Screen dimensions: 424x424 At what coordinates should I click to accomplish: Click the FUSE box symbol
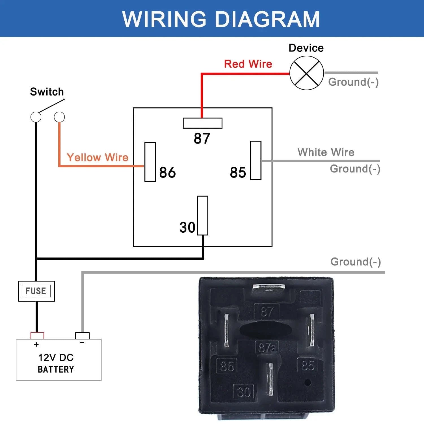click(36, 291)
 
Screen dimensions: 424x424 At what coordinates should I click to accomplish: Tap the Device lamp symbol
click(306, 73)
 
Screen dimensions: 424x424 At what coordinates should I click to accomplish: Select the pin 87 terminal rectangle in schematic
click(202, 123)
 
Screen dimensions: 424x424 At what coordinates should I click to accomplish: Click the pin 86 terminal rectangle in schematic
click(150, 162)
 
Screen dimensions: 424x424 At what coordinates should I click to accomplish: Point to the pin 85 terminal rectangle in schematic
click(256, 160)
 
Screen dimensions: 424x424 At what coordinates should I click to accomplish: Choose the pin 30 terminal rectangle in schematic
click(203, 215)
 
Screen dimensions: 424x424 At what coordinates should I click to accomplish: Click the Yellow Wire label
click(98, 157)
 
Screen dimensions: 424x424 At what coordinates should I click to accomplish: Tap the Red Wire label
click(248, 64)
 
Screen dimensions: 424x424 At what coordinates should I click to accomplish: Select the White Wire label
click(326, 152)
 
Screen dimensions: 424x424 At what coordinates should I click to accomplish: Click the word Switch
click(47, 92)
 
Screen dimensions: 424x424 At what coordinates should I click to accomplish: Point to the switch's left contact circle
click(36, 117)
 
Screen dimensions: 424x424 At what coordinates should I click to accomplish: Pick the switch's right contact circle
click(59, 117)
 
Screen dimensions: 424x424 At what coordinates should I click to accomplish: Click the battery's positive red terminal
click(37, 336)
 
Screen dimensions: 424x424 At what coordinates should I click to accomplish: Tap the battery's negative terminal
click(82, 336)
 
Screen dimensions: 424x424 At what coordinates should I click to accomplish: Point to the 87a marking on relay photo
click(267, 347)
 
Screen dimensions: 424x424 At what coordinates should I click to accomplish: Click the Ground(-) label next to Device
click(353, 82)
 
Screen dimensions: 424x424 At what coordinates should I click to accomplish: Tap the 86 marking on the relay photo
click(227, 366)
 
